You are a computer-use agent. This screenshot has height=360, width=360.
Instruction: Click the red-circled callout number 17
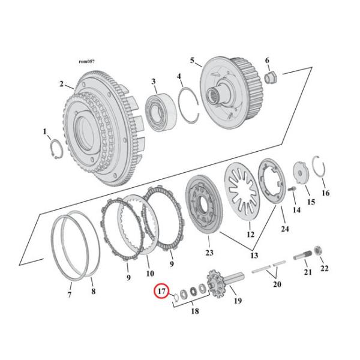click(x=161, y=292)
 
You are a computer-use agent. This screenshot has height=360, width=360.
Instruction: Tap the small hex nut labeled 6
click(x=270, y=76)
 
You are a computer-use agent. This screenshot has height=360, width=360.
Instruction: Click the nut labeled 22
click(x=320, y=249)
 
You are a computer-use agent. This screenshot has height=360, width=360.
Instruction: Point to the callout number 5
click(x=192, y=60)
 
